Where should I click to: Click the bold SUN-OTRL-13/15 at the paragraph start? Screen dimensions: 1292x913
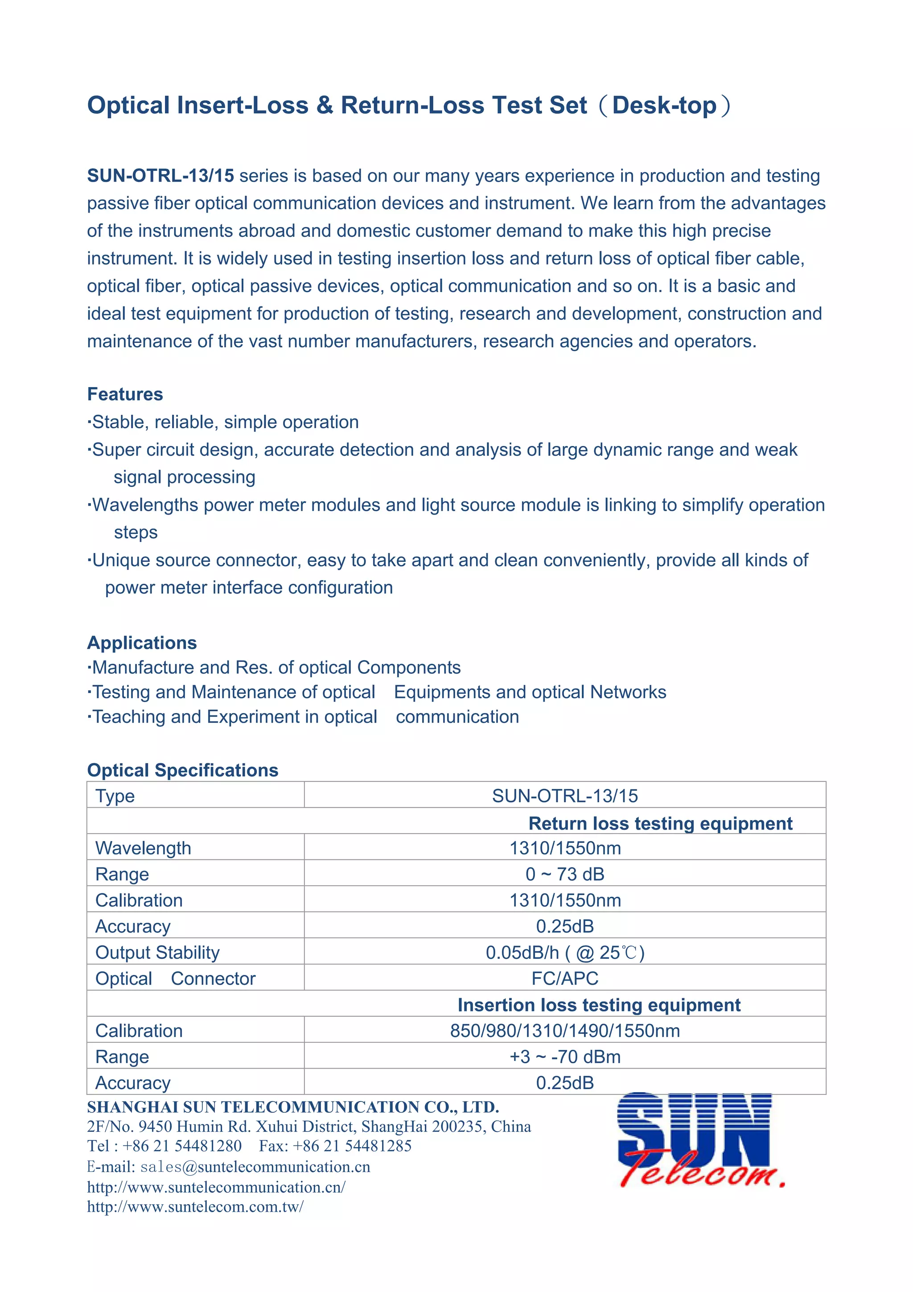pyautogui.click(x=160, y=176)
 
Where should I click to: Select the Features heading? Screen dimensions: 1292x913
pyautogui.click(x=125, y=394)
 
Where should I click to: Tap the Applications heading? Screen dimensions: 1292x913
pyautogui.click(x=142, y=643)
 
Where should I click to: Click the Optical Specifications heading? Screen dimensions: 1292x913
pyautogui.click(x=182, y=770)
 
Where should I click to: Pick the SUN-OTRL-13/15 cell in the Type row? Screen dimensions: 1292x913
pyautogui.click(x=565, y=796)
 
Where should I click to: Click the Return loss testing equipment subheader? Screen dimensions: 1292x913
pyautogui.click(x=660, y=823)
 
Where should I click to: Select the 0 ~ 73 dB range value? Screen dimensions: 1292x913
pyautogui.click(x=565, y=874)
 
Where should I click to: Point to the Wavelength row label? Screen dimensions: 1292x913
pyautogui.click(x=144, y=848)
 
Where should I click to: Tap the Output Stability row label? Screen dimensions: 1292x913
pyautogui.click(x=157, y=952)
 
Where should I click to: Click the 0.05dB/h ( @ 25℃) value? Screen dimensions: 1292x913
pyautogui.click(x=565, y=952)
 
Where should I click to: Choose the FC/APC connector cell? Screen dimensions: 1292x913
pyautogui.click(x=565, y=978)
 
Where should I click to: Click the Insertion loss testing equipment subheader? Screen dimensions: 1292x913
pyautogui.click(x=599, y=1004)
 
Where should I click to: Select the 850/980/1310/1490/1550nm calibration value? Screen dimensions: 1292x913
pyautogui.click(x=565, y=1030)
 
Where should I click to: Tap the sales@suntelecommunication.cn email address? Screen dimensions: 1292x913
pyautogui.click(x=255, y=1167)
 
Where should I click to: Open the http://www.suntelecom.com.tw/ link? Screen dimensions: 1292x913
pyautogui.click(x=195, y=1206)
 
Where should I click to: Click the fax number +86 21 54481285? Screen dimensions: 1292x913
pyautogui.click(x=352, y=1146)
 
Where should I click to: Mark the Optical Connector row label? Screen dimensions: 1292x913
pyautogui.click(x=176, y=978)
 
